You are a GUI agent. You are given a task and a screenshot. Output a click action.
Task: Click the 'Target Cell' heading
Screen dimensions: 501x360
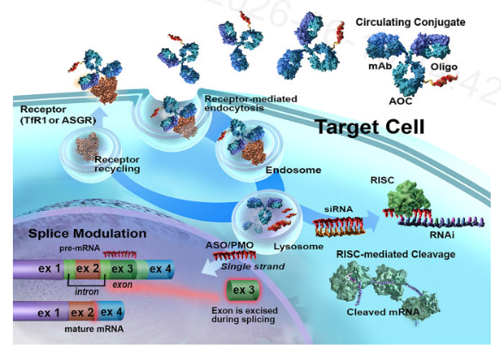(x=370, y=127)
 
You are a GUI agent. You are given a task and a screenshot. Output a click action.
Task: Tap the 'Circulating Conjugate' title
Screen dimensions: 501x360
(x=410, y=22)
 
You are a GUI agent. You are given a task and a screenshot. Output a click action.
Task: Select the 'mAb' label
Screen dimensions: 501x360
(x=380, y=66)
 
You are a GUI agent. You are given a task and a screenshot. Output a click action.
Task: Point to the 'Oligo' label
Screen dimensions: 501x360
(x=444, y=67)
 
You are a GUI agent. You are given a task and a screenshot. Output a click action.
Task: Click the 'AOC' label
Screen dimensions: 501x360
(x=401, y=101)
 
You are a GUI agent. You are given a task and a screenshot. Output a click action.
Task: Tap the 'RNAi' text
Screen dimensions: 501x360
(x=442, y=235)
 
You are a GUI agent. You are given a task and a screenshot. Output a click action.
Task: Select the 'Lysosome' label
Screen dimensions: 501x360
(x=299, y=247)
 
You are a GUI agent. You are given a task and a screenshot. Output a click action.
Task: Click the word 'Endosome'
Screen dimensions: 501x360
(x=293, y=170)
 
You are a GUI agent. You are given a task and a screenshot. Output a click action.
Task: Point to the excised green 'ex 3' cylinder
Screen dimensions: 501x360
(x=243, y=290)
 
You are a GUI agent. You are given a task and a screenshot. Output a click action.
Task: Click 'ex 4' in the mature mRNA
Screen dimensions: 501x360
(x=111, y=312)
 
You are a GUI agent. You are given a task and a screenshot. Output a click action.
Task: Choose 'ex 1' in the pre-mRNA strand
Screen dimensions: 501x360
(x=50, y=268)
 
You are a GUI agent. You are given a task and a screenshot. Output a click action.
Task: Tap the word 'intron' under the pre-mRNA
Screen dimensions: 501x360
(x=87, y=291)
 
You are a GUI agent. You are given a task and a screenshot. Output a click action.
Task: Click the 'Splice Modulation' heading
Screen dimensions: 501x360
(x=88, y=233)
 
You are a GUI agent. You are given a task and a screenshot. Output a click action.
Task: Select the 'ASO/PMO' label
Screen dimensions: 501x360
(x=229, y=245)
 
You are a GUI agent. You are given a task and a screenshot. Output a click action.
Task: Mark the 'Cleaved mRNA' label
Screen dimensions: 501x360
(x=383, y=312)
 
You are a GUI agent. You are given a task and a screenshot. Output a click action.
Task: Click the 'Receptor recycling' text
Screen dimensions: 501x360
(x=118, y=164)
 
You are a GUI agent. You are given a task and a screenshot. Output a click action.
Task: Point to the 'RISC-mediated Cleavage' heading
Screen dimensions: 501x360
(x=395, y=255)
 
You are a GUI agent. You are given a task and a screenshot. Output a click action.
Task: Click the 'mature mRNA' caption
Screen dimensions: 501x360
(x=94, y=329)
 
